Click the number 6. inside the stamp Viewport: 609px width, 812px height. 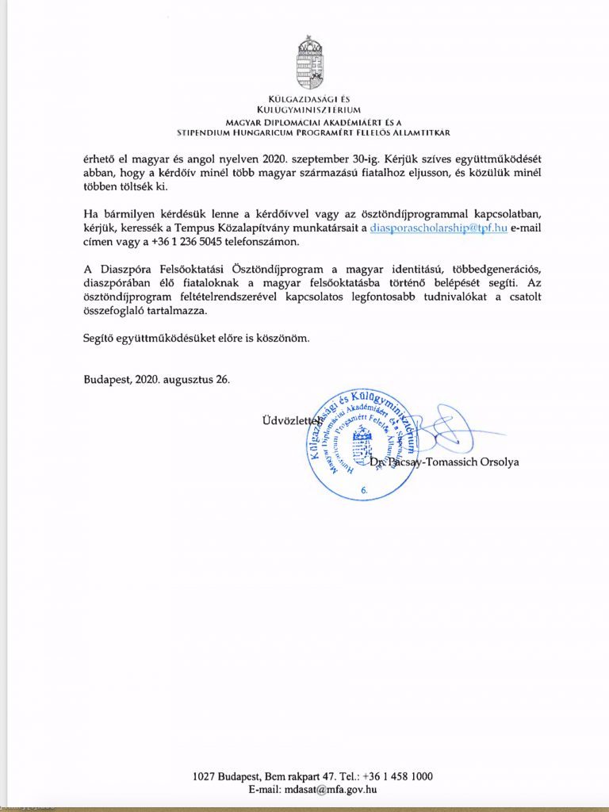coord(365,491)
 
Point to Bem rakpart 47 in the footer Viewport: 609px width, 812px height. coord(289,777)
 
